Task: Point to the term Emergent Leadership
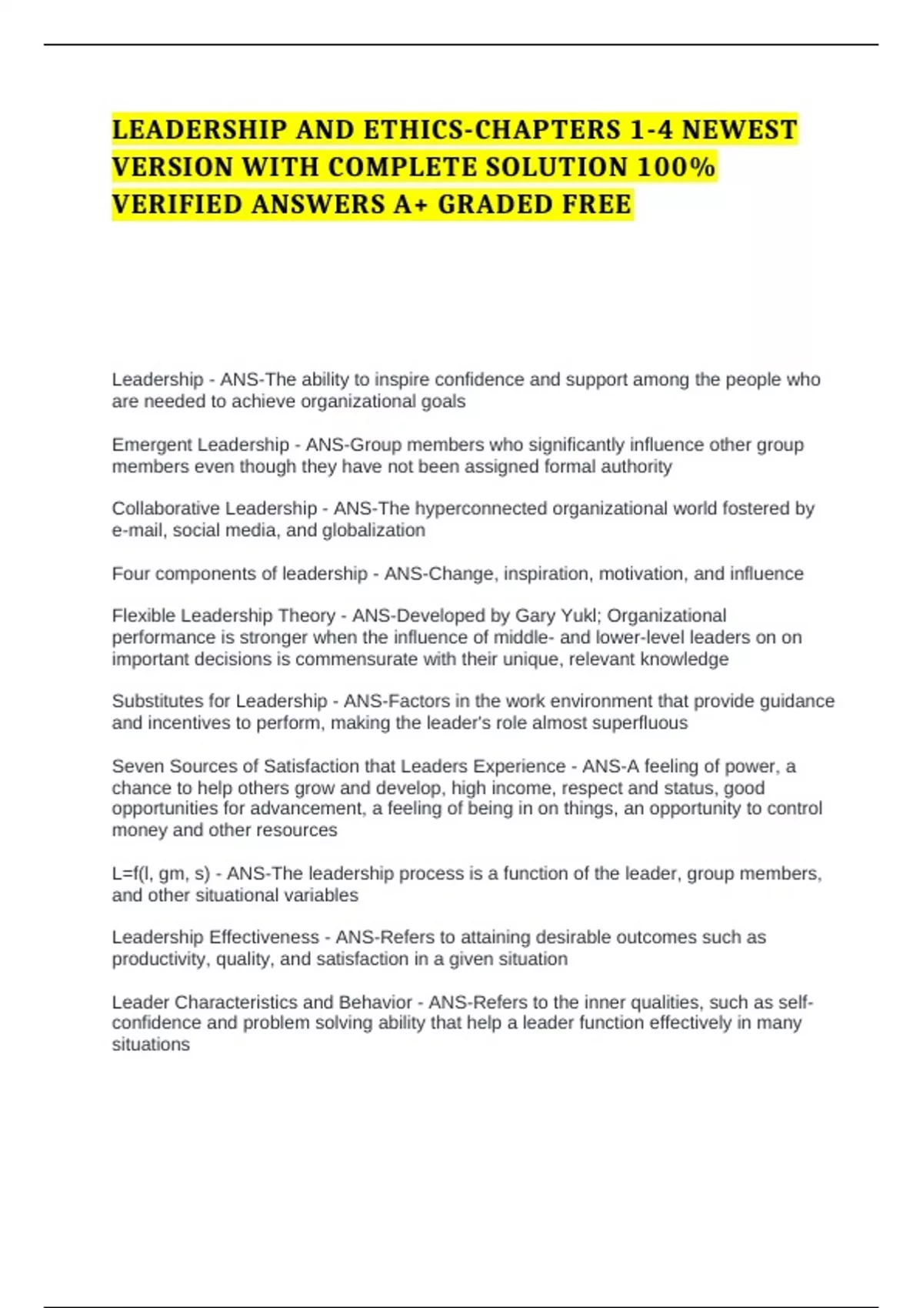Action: pyautogui.click(x=200, y=445)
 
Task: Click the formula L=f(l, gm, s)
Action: pyautogui.click(x=161, y=873)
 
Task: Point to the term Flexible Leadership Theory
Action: pyautogui.click(x=224, y=616)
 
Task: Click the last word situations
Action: pyautogui.click(x=151, y=1044)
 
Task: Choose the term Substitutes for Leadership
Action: pyautogui.click(x=219, y=701)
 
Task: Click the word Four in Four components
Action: pyautogui.click(x=128, y=573)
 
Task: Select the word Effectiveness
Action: pyautogui.click(x=264, y=937)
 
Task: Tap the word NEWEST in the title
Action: pyautogui.click(x=739, y=129)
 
